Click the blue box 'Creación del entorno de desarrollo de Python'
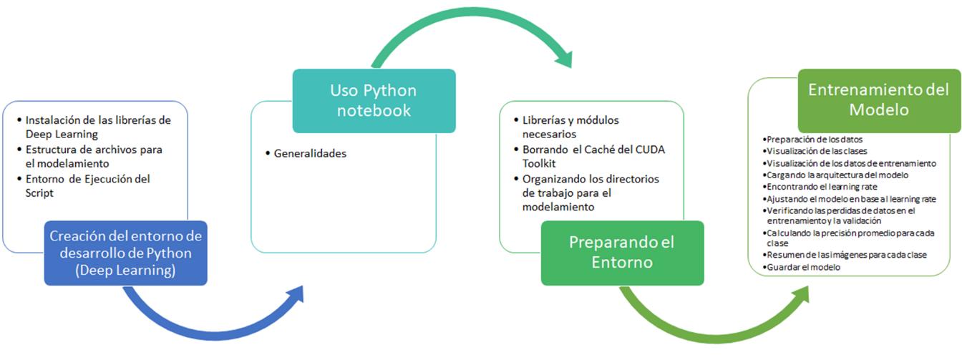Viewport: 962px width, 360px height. point(126,253)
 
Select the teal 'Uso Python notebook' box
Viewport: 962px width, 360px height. point(373,101)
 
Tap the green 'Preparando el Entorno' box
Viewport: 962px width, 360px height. point(621,252)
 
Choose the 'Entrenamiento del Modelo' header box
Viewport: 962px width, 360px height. point(879,100)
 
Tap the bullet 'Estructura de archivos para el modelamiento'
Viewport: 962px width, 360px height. point(94,156)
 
